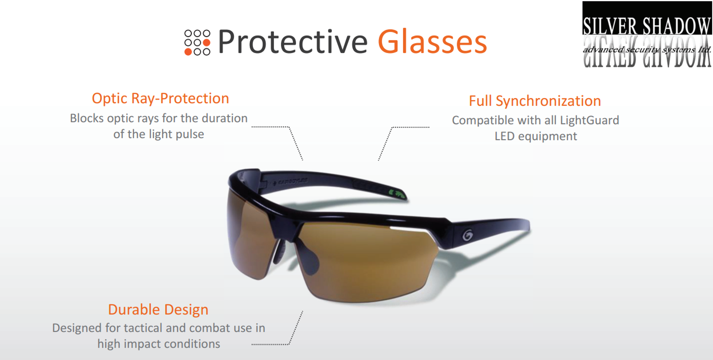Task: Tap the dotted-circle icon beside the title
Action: click(197, 42)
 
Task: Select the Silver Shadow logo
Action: click(647, 34)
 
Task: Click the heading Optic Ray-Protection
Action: click(160, 98)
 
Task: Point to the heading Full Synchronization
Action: click(535, 101)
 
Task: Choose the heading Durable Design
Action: click(158, 309)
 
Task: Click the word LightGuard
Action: click(589, 120)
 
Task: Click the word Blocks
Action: click(87, 118)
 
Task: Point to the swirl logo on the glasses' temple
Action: click(467, 235)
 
